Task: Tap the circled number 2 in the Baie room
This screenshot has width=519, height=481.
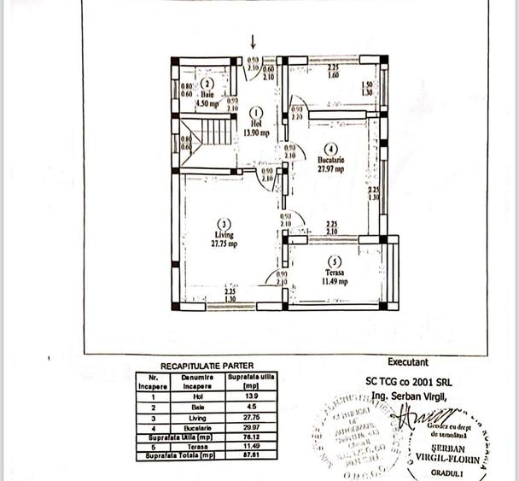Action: click(206, 84)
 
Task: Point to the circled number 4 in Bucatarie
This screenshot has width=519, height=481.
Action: click(331, 149)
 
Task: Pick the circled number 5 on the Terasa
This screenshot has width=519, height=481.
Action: click(335, 261)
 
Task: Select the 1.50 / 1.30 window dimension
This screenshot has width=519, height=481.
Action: click(367, 88)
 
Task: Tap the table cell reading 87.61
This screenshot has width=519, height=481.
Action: click(246, 455)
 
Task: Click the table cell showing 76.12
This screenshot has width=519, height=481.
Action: click(246, 436)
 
